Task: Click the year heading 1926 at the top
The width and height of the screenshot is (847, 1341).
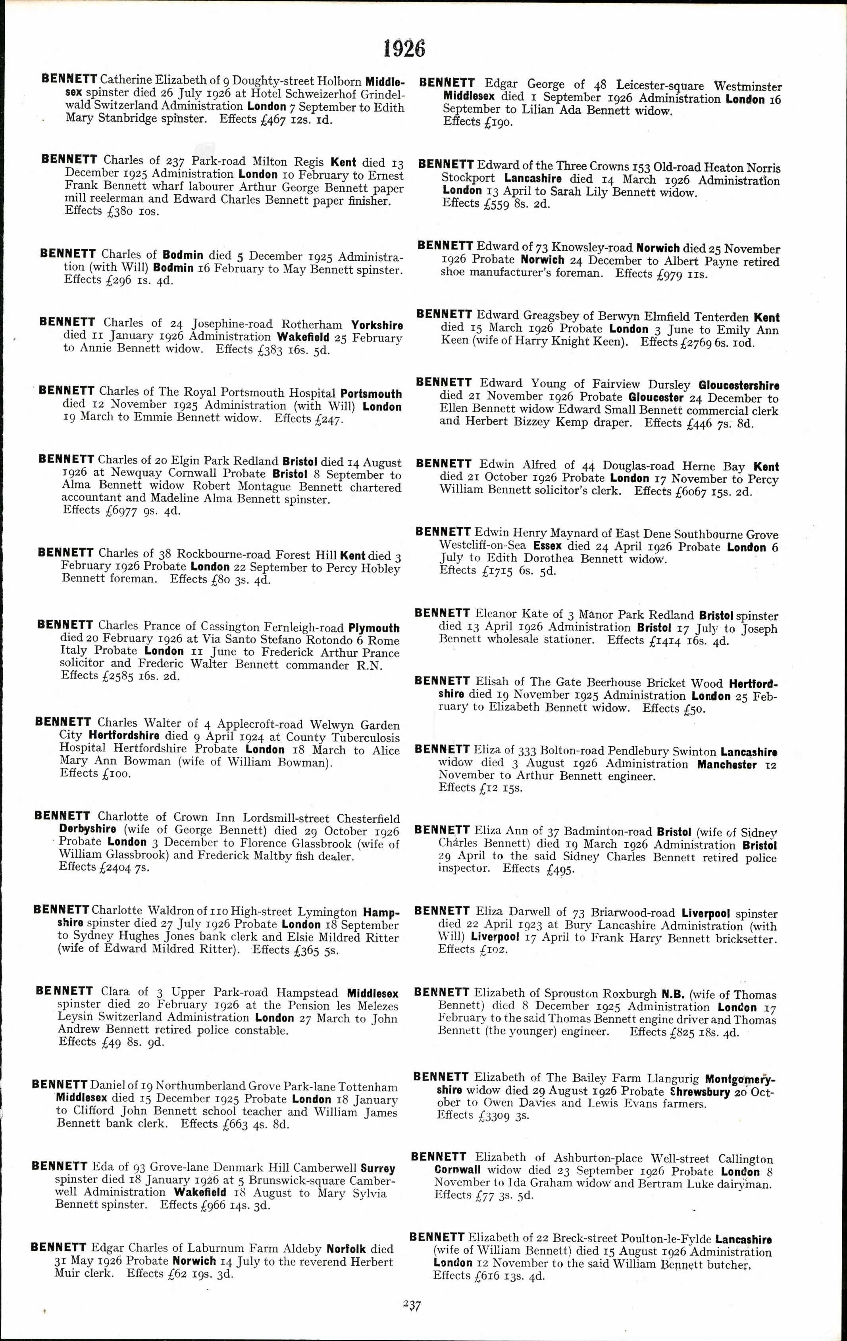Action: pyautogui.click(x=404, y=49)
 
